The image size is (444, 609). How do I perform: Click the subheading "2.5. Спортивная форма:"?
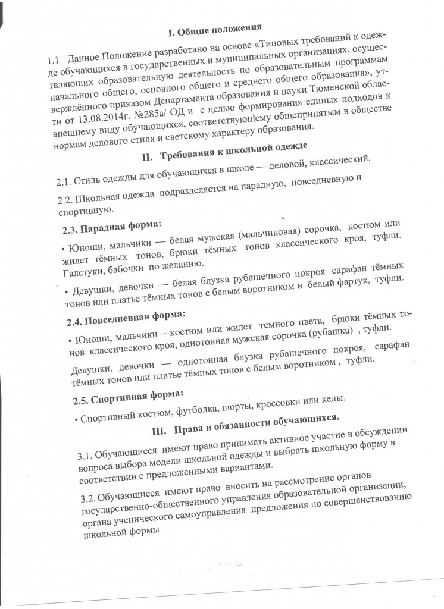click(x=118, y=393)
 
